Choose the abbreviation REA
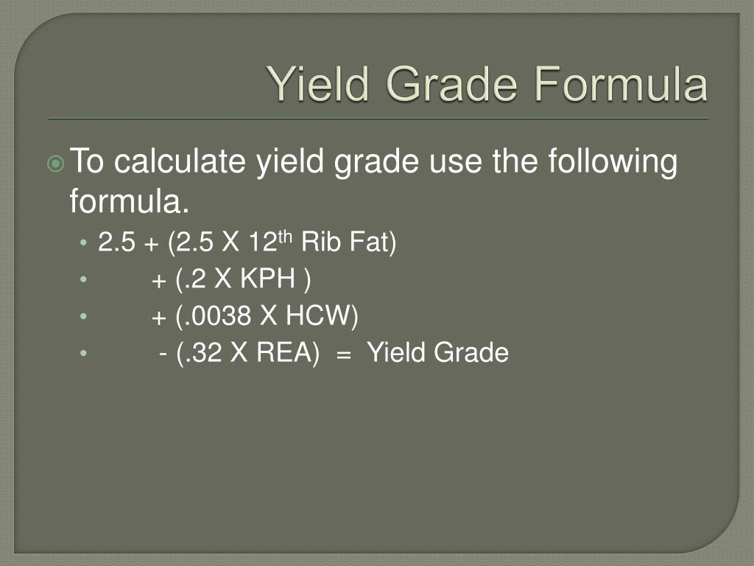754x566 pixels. pyautogui.click(x=285, y=354)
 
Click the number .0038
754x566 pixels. pyautogui.click(x=214, y=317)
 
